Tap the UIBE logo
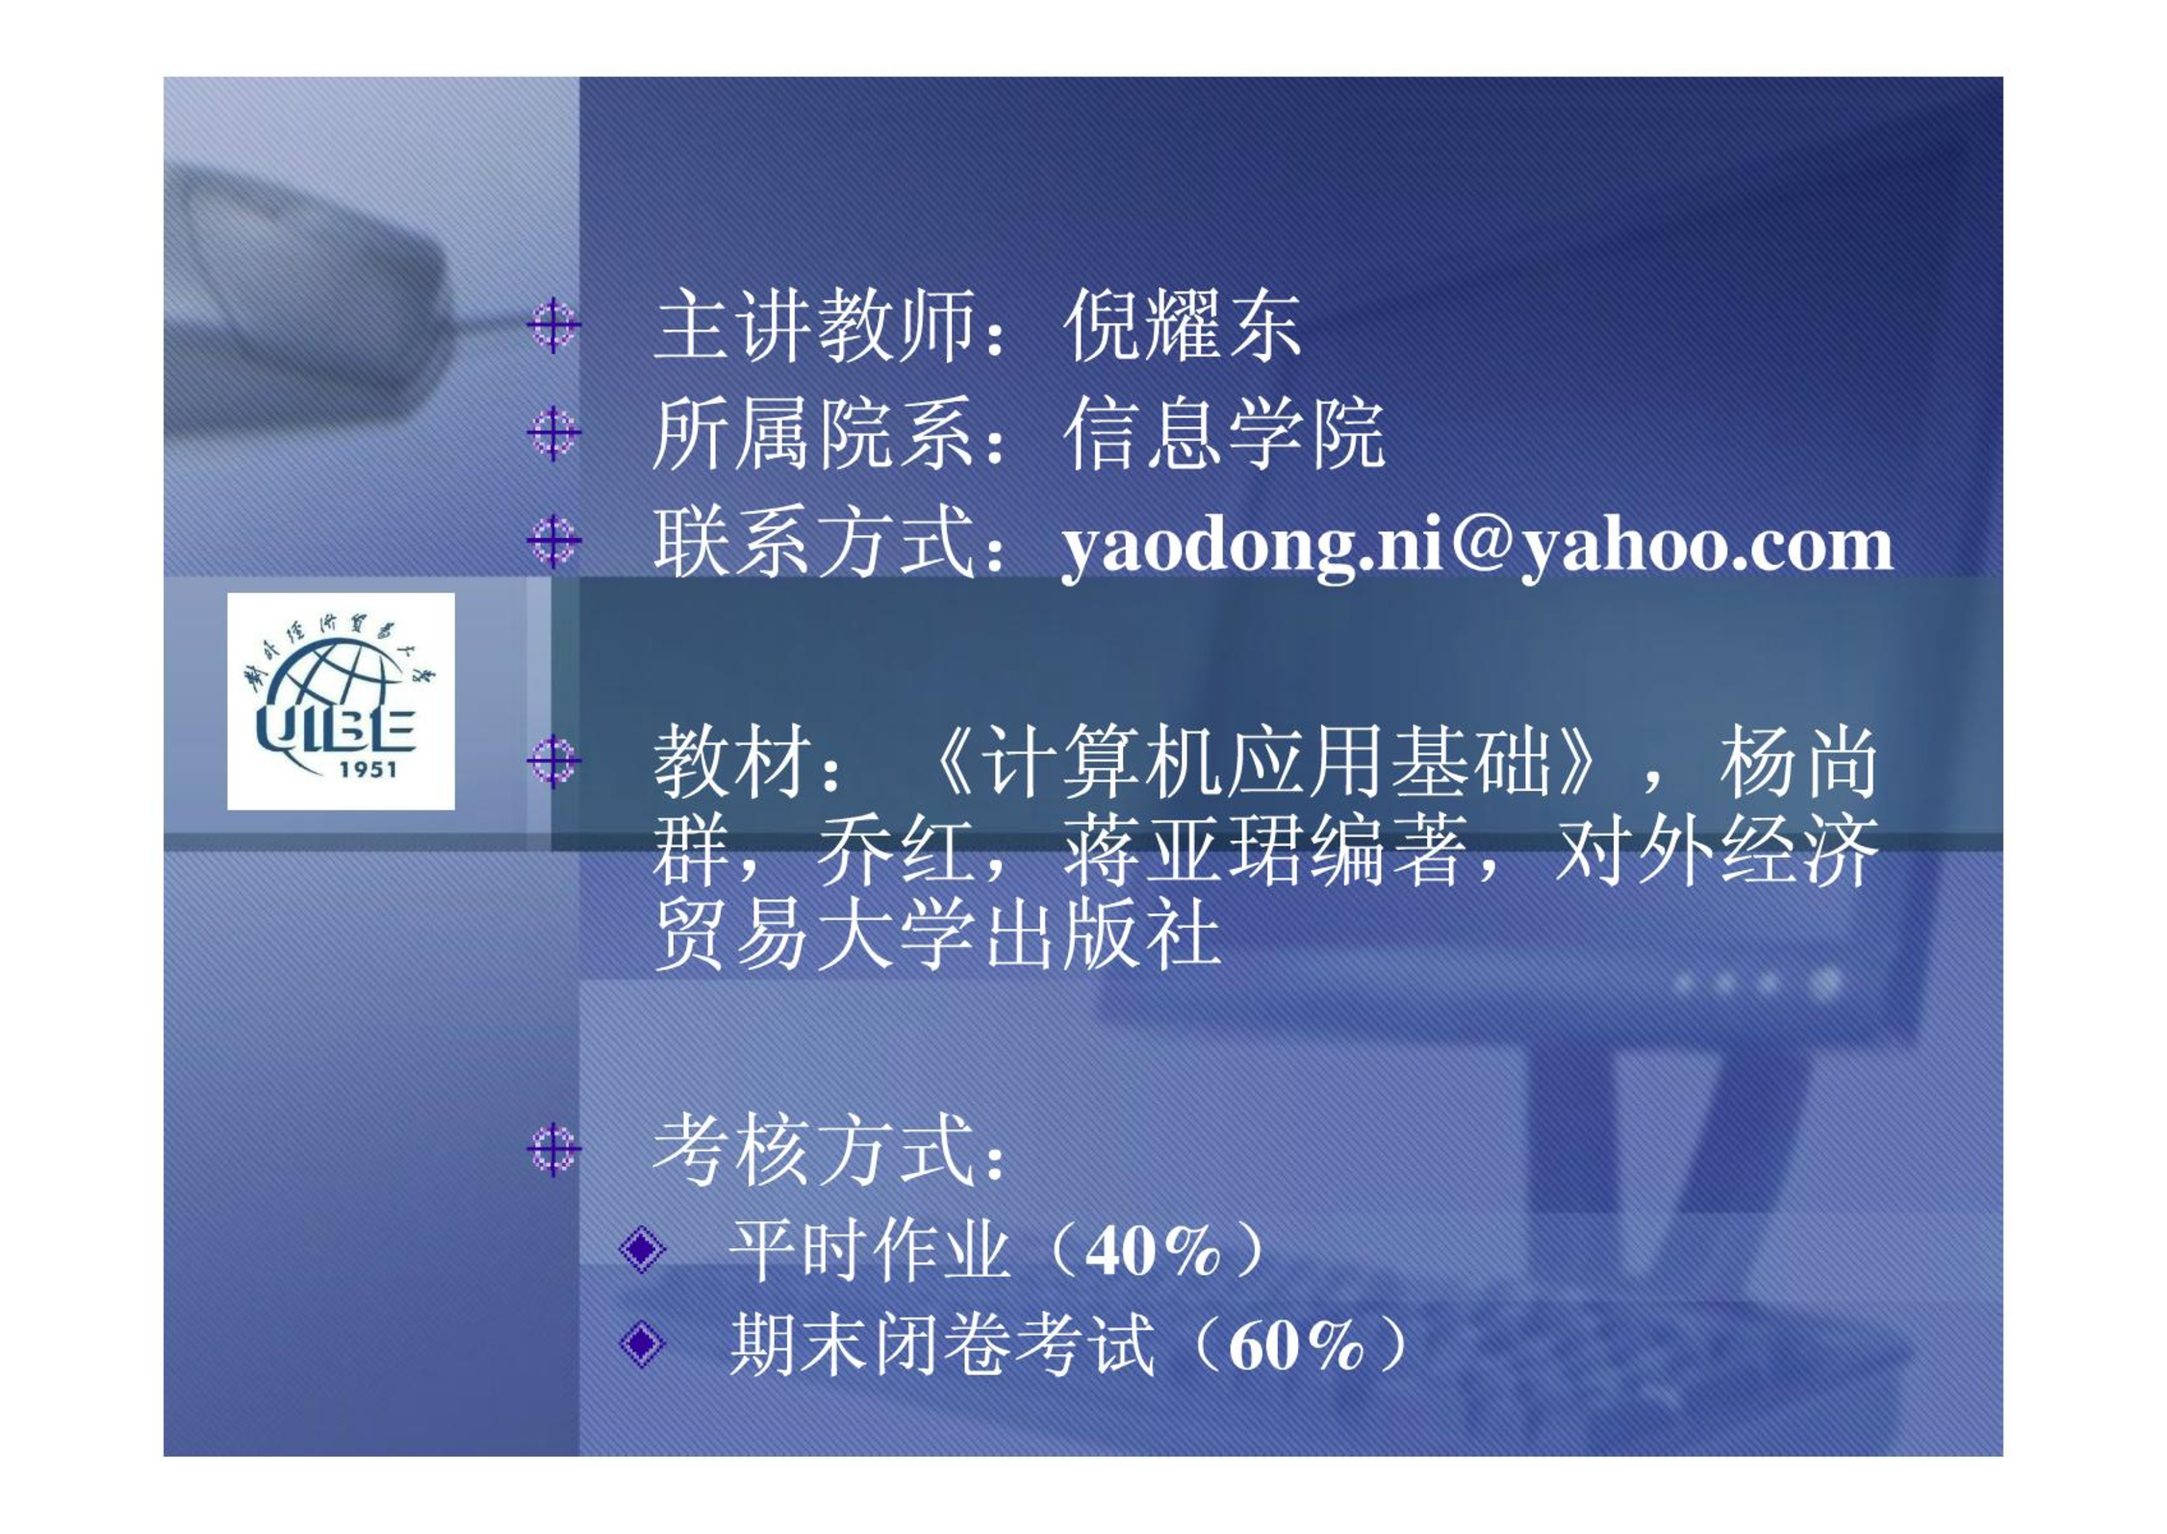(x=341, y=701)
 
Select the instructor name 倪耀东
(x=1183, y=326)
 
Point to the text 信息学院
(x=1224, y=434)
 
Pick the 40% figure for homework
(x=1153, y=1251)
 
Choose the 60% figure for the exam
(x=1297, y=1344)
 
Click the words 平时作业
(x=870, y=1250)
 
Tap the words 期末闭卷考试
(x=942, y=1343)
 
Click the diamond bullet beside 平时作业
(x=642, y=1249)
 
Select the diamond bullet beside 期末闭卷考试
(x=642, y=1342)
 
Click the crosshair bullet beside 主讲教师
(x=554, y=325)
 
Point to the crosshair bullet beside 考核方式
(x=554, y=1148)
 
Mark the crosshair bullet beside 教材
(x=554, y=761)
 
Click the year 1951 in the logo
(x=369, y=769)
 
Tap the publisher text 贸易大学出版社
(x=937, y=935)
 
